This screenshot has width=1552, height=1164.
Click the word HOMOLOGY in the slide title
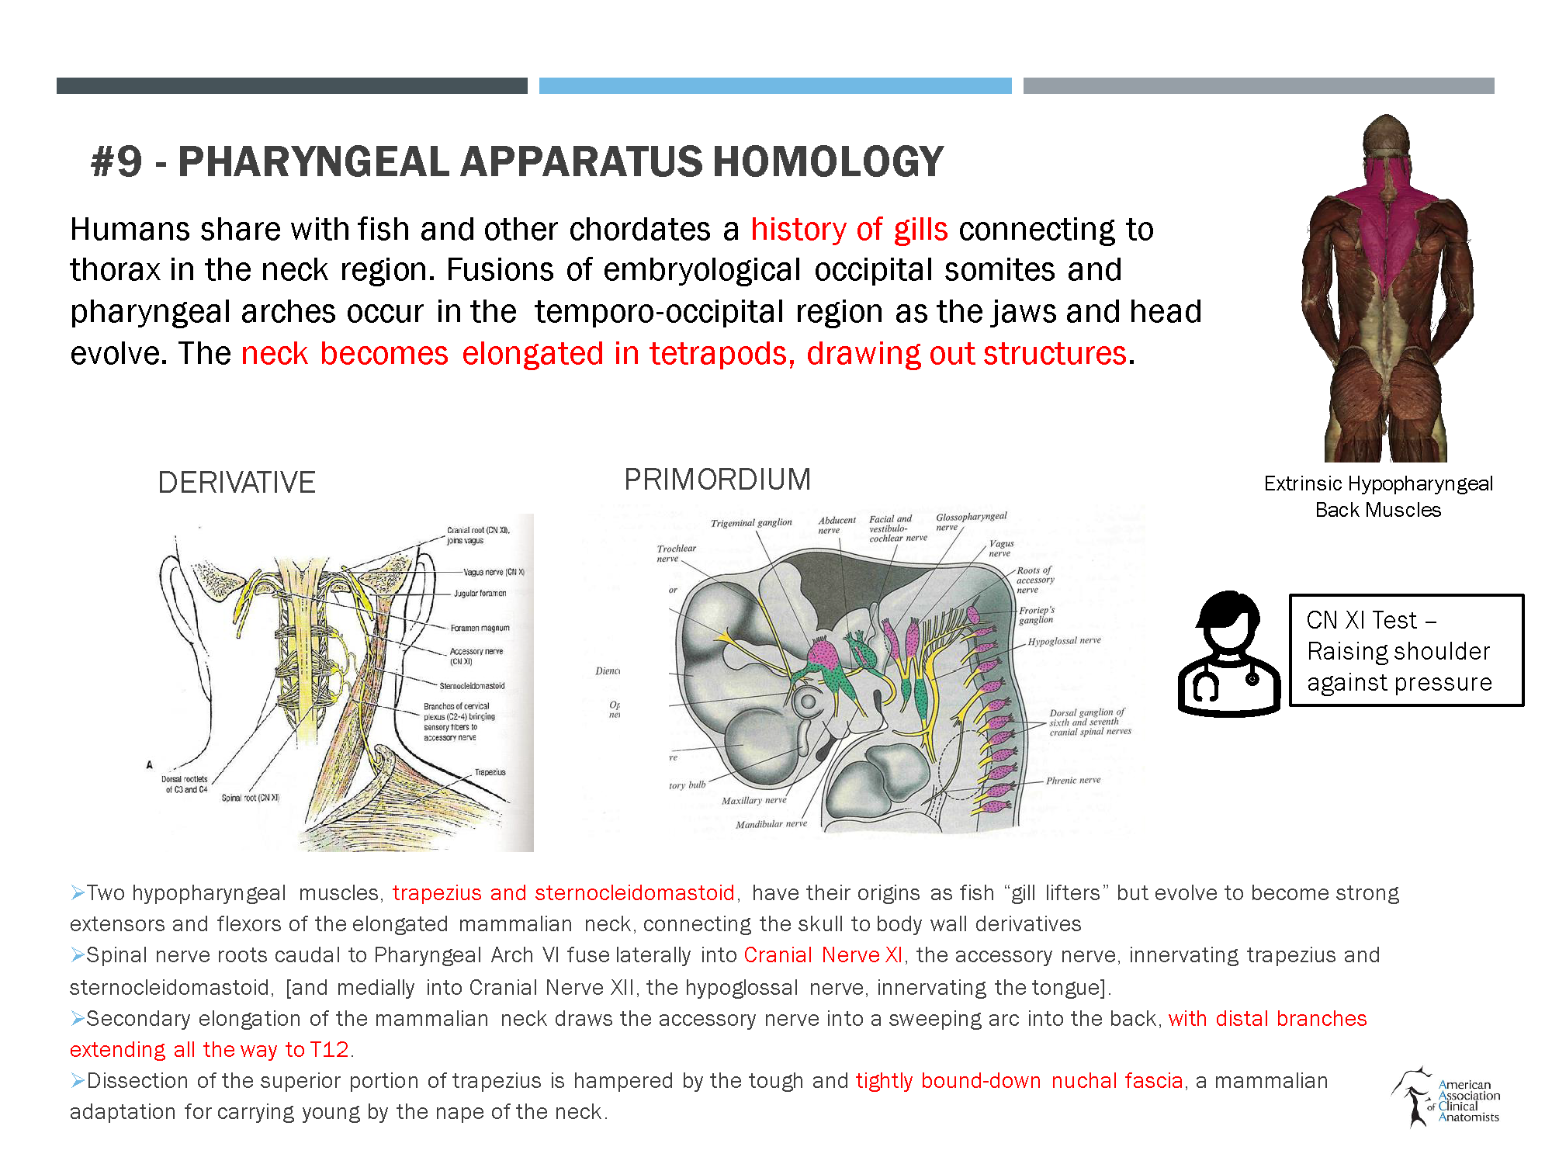(x=828, y=162)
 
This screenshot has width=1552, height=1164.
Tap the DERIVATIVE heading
(x=237, y=483)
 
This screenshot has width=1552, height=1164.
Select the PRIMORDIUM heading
(x=717, y=480)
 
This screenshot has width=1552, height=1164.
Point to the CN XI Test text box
(x=1405, y=650)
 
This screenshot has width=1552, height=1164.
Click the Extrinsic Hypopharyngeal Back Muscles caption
(x=1378, y=497)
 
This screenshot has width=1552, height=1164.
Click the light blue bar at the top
(x=775, y=85)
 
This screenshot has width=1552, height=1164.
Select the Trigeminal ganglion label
(x=751, y=523)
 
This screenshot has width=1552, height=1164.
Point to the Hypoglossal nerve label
(x=1064, y=641)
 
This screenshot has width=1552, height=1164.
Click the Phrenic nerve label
(x=1073, y=780)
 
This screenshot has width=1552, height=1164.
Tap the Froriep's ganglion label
(x=1037, y=615)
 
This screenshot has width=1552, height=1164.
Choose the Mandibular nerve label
(x=771, y=824)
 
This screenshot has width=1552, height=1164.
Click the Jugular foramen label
(x=480, y=594)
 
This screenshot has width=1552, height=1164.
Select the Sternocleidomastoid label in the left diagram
(x=472, y=686)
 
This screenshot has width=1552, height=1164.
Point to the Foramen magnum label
(x=480, y=628)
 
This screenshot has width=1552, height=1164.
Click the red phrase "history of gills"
(x=849, y=230)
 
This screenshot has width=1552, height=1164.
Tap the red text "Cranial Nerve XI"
(x=823, y=955)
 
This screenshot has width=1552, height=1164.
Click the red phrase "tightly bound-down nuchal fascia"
(x=1019, y=1081)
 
